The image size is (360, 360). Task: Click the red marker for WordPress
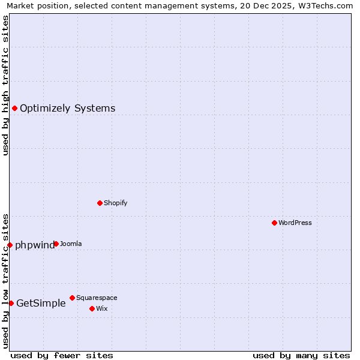coord(274,223)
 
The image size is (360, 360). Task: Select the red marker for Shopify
coord(100,203)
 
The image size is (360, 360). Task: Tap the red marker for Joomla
coord(56,244)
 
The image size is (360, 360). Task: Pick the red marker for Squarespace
coord(72,298)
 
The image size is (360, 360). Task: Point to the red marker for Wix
coord(92,308)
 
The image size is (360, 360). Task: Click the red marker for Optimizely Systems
coord(14,108)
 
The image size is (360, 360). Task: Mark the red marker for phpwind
coord(10,245)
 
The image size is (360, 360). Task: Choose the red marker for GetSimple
coord(11,303)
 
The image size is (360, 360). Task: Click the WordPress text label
coord(295,223)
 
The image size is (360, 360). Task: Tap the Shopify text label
coord(115,203)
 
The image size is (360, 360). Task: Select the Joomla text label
coord(71,244)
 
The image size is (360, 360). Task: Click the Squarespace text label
coord(97,298)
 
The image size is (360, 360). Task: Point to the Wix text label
coord(101,308)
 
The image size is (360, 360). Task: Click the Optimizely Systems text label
coord(67,108)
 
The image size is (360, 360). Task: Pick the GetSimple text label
coord(41,303)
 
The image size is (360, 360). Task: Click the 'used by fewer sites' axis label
coord(62,355)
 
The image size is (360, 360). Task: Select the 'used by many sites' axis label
coord(301,355)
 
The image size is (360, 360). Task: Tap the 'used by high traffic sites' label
coord(5,85)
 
